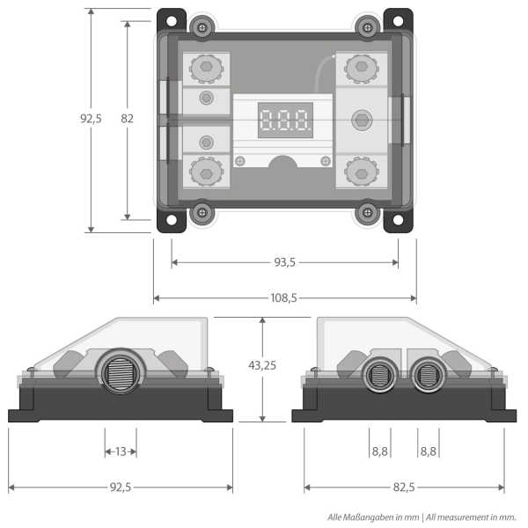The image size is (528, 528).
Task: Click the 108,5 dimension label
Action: pyautogui.click(x=283, y=298)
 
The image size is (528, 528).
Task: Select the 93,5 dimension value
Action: pyautogui.click(x=283, y=262)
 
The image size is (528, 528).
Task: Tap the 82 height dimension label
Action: pyautogui.click(x=128, y=119)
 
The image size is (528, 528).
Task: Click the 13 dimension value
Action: pyautogui.click(x=121, y=451)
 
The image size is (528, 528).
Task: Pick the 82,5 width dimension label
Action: pyautogui.click(x=404, y=487)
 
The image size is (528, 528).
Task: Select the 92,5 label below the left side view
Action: pyautogui.click(x=121, y=487)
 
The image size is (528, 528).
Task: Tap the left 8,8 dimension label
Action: pyautogui.click(x=379, y=451)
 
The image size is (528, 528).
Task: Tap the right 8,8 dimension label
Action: pyautogui.click(x=429, y=451)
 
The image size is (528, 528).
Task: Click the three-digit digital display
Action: pyautogui.click(x=284, y=120)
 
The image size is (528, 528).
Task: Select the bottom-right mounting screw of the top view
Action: pyautogui.click(x=366, y=212)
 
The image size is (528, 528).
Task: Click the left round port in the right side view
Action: pyautogui.click(x=379, y=377)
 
